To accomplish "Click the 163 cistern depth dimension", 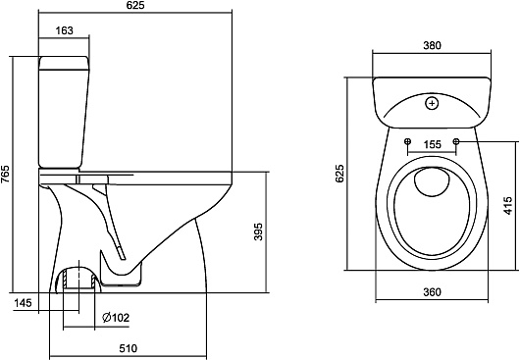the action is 64,30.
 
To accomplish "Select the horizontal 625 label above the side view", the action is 135,5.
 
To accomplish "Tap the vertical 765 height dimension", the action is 5,174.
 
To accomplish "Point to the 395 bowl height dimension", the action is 258,231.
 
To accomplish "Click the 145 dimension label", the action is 23,303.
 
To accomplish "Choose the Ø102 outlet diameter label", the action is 116,318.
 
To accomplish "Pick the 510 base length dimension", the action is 128,348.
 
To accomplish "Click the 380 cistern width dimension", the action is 432,45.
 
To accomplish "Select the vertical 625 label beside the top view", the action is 339,174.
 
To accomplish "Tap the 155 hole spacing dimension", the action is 433,144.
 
